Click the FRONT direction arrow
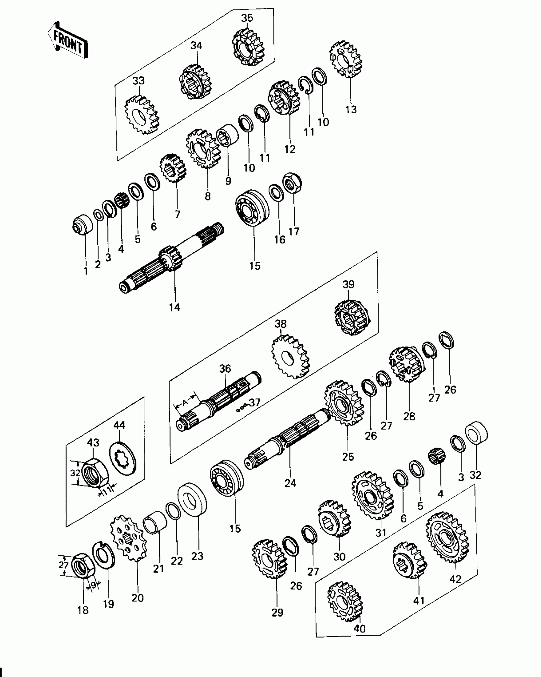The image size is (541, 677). click(68, 41)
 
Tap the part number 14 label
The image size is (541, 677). click(174, 307)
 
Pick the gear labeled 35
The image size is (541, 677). click(248, 48)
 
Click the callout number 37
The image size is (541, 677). click(255, 402)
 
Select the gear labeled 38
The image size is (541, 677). click(291, 356)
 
